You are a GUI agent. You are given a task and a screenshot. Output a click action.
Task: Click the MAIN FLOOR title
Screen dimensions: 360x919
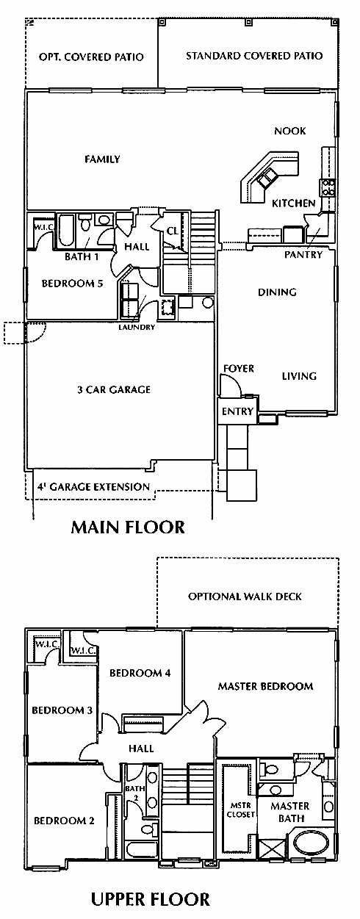click(x=128, y=527)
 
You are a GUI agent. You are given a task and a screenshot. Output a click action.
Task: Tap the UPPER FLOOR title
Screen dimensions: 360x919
click(x=150, y=900)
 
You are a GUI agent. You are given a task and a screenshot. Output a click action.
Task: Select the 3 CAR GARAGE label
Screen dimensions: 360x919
click(x=114, y=389)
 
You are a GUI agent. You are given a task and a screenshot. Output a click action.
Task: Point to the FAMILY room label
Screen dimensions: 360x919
click(x=102, y=159)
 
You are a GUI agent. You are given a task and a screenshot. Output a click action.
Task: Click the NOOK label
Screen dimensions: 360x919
click(x=289, y=131)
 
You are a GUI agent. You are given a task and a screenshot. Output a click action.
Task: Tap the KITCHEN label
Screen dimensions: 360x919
click(x=293, y=203)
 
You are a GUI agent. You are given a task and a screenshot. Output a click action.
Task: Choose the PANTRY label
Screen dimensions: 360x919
click(x=303, y=255)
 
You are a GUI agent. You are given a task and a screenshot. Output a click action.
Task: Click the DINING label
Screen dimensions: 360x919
click(x=277, y=292)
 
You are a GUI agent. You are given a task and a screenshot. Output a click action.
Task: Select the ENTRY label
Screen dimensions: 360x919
click(x=238, y=411)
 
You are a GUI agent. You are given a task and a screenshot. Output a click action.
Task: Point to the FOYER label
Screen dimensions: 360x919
click(x=239, y=369)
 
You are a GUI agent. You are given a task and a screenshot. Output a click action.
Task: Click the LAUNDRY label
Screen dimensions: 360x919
click(x=137, y=328)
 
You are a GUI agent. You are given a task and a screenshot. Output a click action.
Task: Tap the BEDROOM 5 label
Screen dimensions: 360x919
click(x=72, y=284)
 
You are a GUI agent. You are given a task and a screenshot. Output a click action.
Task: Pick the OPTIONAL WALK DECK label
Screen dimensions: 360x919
click(x=245, y=597)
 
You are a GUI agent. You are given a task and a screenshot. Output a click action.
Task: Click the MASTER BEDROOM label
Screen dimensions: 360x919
click(x=265, y=686)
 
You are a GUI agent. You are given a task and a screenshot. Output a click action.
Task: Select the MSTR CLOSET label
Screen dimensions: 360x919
click(x=240, y=810)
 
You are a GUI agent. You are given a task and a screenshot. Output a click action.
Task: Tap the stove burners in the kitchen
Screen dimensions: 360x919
click(x=328, y=187)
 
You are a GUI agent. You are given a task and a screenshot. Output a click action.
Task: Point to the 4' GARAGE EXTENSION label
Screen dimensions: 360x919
click(x=93, y=487)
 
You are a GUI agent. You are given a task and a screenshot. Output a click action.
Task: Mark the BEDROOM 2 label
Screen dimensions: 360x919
click(x=64, y=821)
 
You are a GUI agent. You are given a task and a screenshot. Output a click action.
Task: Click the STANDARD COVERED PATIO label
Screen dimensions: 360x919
click(x=254, y=56)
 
